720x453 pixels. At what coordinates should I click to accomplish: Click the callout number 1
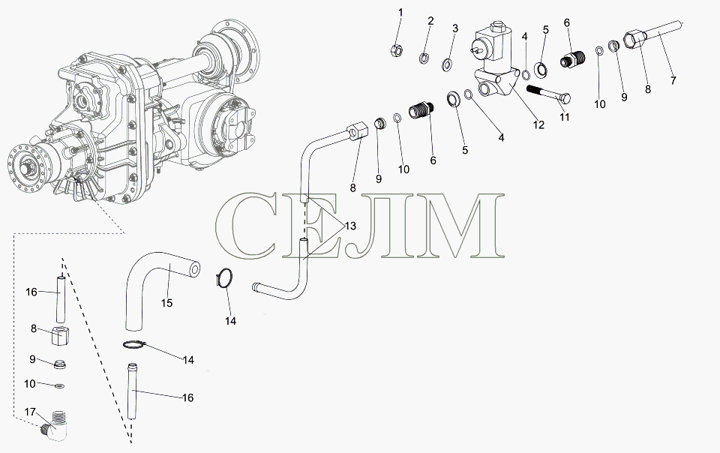(400, 13)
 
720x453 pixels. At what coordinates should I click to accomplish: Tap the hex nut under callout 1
(397, 50)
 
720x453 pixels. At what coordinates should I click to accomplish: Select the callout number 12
(538, 124)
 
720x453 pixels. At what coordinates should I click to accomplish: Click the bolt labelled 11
(549, 94)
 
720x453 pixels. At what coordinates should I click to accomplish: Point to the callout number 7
(673, 80)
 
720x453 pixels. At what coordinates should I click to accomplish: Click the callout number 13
(350, 226)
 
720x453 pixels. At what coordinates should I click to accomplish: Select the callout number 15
(166, 303)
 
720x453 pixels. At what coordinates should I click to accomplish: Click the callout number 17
(30, 412)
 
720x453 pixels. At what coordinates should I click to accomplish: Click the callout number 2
(430, 21)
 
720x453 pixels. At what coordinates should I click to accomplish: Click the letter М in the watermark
(461, 225)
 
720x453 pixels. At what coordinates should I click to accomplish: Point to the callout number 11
(564, 117)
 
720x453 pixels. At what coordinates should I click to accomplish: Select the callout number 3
(455, 28)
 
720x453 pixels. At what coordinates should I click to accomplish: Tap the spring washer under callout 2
(424, 58)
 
